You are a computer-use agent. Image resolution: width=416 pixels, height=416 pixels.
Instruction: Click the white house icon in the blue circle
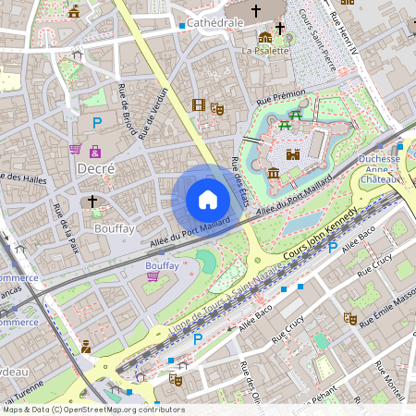coord(208,200)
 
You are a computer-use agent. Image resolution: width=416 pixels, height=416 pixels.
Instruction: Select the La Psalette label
coord(266,51)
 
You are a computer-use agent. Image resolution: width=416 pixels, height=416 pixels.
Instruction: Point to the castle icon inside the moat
coord(293,155)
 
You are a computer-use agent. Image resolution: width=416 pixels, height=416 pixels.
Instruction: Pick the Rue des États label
coord(238,175)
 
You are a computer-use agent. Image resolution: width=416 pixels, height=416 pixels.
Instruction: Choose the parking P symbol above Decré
coord(96,122)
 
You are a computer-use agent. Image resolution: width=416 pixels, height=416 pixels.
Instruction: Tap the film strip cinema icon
coord(199,104)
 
